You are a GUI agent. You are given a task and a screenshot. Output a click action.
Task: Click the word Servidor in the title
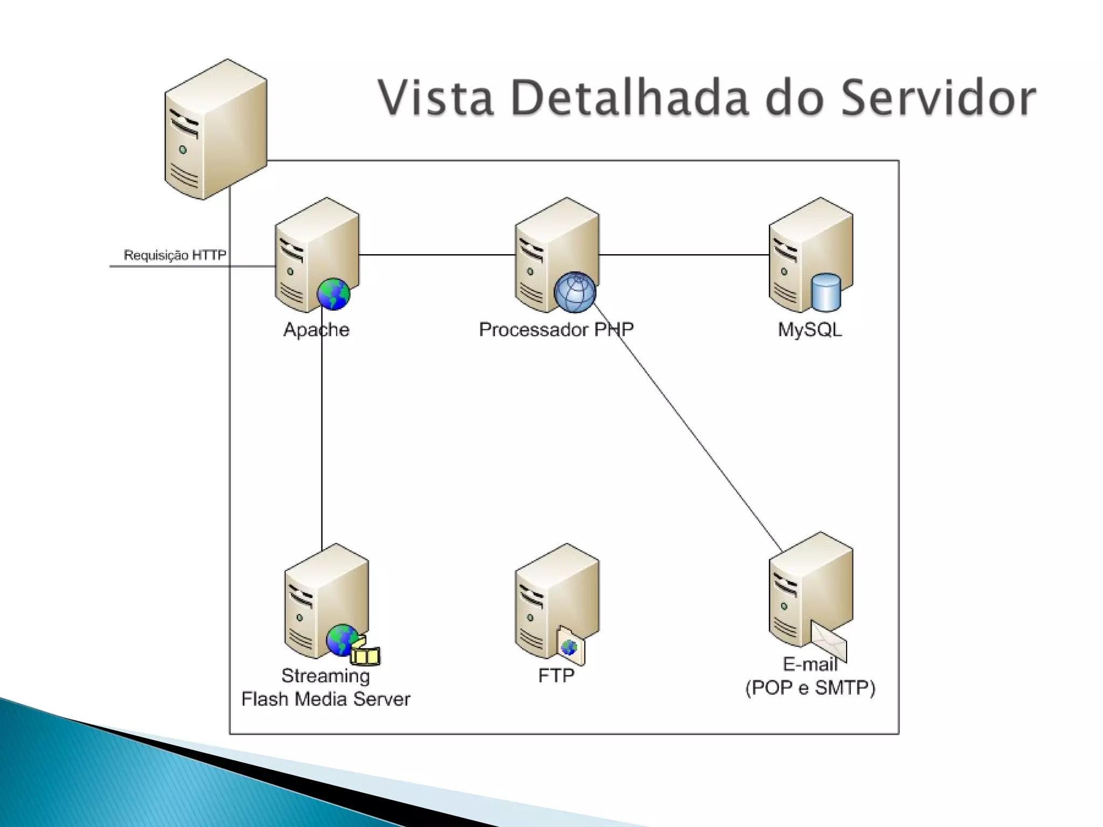click(938, 98)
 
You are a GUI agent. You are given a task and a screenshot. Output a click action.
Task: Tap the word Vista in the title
click(436, 98)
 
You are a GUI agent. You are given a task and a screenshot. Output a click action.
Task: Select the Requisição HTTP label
click(175, 255)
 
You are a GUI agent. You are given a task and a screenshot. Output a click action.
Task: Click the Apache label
click(316, 330)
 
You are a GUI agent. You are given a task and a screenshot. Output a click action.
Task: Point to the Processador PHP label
click(556, 330)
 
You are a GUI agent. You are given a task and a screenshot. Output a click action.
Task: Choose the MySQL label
click(809, 330)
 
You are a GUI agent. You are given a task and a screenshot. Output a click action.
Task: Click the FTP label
click(556, 675)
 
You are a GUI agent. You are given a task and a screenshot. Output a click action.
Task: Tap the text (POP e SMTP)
click(810, 688)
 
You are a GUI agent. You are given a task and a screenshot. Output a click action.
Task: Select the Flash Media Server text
click(325, 699)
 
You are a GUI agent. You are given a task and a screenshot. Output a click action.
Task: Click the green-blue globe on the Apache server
click(333, 294)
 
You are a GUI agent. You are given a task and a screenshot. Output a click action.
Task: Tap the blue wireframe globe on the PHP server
click(575, 292)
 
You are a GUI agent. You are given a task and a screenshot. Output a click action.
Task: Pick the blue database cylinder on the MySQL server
click(826, 292)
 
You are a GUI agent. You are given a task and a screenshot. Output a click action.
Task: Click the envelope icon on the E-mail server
click(829, 641)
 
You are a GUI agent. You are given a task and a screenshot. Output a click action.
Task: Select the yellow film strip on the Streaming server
click(366, 655)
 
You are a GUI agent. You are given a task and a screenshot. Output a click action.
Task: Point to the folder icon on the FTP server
click(571, 646)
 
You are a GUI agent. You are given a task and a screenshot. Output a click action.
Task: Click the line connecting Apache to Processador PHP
click(436, 255)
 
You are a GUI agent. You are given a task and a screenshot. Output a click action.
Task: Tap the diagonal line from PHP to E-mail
click(689, 431)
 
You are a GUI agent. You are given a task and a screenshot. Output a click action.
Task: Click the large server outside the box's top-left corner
click(215, 129)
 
